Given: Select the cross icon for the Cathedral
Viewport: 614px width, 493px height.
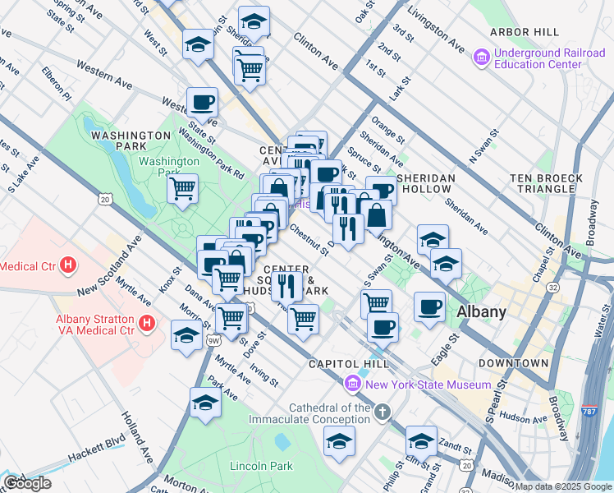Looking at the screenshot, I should coord(382,411).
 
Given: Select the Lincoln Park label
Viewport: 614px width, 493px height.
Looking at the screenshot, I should coord(261,466).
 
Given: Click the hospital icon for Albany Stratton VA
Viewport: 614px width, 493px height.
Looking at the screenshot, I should coord(147,325).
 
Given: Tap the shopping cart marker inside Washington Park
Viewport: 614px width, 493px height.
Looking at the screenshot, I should coord(182,187).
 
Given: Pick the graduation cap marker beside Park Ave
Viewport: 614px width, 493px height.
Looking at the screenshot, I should coord(205,403).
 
